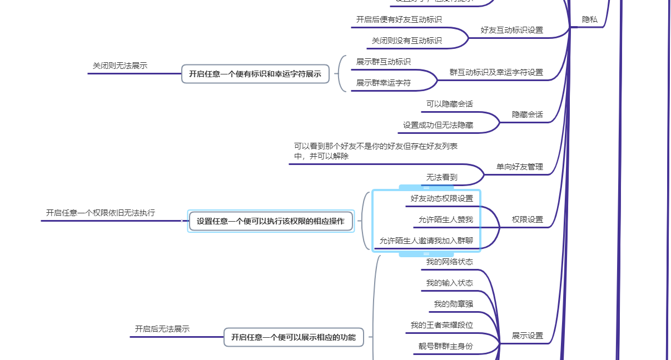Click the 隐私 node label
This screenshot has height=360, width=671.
(589, 19)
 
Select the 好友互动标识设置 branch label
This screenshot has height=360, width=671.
(511, 30)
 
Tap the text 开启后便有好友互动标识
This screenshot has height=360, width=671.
(399, 19)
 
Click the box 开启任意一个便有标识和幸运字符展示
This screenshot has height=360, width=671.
(255, 74)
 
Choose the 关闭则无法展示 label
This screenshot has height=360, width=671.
(120, 66)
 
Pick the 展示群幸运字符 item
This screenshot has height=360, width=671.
(384, 83)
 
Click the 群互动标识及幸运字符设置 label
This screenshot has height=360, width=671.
(496, 72)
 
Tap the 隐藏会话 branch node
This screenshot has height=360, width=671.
(527, 114)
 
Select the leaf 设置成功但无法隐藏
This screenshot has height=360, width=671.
(438, 125)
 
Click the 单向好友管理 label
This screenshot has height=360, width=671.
(519, 167)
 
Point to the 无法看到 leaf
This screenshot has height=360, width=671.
(442, 177)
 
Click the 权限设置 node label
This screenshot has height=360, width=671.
(527, 219)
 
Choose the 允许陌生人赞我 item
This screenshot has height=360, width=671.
(446, 219)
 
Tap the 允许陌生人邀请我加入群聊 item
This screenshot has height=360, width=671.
(426, 241)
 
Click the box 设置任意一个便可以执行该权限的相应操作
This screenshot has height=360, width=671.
(271, 221)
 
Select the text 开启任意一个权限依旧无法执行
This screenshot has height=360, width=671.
(101, 213)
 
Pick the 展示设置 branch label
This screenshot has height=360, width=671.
(527, 336)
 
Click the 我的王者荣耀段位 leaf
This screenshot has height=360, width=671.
(442, 325)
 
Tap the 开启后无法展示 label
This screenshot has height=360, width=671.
(162, 329)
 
